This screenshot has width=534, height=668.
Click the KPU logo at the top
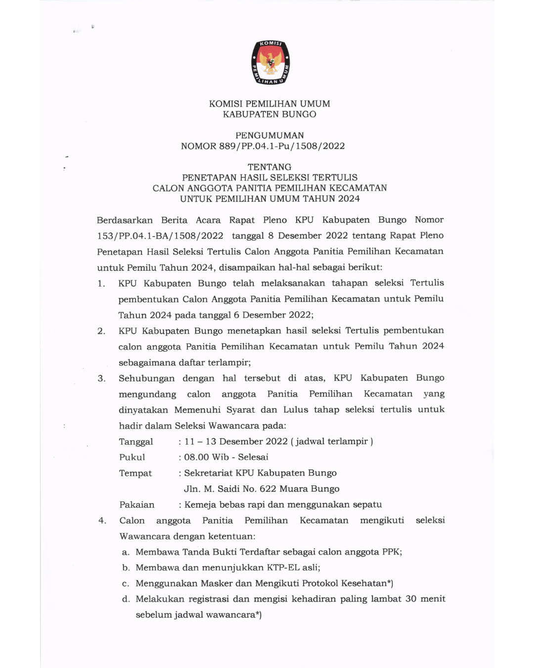pyautogui.click(x=270, y=63)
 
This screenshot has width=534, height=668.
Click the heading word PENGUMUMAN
pyautogui.click(x=269, y=135)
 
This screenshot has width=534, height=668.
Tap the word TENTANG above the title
pyautogui.click(x=269, y=167)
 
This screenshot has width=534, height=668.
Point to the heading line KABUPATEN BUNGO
pyautogui.click(x=269, y=114)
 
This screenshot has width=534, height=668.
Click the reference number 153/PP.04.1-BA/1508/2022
pyautogui.click(x=160, y=236)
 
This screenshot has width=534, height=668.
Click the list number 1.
pyautogui.click(x=101, y=284)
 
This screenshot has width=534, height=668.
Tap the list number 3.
pyautogui.click(x=101, y=379)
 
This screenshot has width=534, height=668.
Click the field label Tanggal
pyautogui.click(x=136, y=442)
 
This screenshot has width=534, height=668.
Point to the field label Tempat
pyautogui.click(x=135, y=474)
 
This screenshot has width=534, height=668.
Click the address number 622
pyautogui.click(x=267, y=489)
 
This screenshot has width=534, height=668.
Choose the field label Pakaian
pyautogui.click(x=137, y=505)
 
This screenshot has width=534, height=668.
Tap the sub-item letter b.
pyautogui.click(x=126, y=568)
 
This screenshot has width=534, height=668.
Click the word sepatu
pyautogui.click(x=366, y=505)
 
